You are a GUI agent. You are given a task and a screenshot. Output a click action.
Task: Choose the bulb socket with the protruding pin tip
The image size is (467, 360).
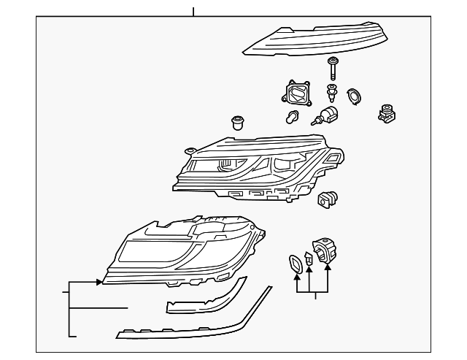click(325, 118)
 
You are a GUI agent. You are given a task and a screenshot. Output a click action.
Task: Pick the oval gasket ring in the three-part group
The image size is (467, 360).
click(294, 264)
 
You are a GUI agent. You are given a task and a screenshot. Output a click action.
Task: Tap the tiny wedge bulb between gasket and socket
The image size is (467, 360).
click(309, 259)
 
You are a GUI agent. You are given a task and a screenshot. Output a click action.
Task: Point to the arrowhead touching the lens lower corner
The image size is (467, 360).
click(99, 281)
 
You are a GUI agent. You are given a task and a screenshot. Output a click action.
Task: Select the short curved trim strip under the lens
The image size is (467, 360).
click(204, 299)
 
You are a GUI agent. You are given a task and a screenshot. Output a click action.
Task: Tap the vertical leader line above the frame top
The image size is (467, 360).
click(193, 12)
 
